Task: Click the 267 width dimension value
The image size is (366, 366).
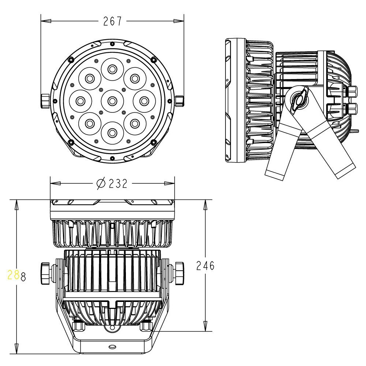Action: point(112,22)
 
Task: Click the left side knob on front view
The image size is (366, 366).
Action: point(45,101)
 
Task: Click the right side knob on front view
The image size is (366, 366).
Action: point(180,101)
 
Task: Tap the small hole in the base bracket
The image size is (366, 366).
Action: point(112,346)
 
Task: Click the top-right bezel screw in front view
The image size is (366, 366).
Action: point(153,59)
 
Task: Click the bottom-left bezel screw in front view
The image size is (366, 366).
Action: point(71,142)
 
